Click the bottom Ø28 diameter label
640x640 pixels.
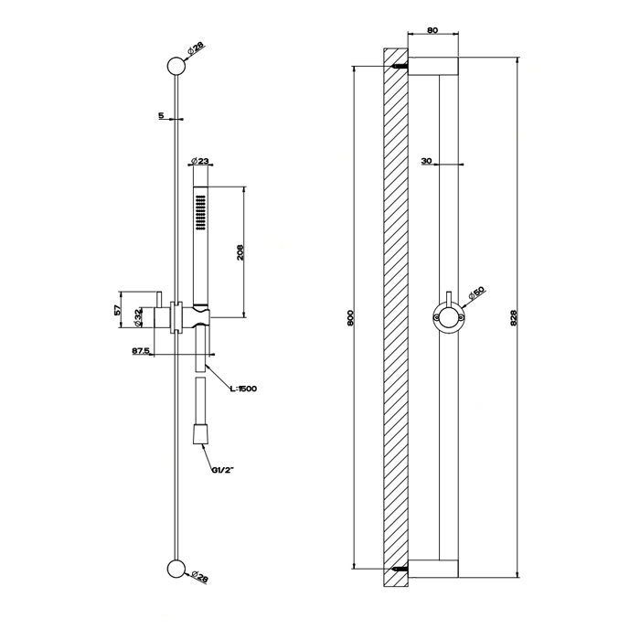pos(200,577)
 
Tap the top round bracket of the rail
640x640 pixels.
pos(176,66)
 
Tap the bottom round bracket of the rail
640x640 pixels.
pos(176,569)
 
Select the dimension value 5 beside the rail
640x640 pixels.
pos(161,115)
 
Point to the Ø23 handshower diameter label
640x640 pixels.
pos(199,161)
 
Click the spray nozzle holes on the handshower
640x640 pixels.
pos(201,213)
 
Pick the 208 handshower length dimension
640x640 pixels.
pos(240,252)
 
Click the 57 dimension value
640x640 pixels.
pos(118,309)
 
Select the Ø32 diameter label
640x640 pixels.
pos(138,317)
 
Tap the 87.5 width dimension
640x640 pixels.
pos(141,350)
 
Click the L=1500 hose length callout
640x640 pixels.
pos(243,389)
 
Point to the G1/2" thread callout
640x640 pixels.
pos(223,470)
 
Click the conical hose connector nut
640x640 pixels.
pos(200,434)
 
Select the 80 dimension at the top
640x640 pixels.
pos(432,30)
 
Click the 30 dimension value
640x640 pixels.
pos(427,161)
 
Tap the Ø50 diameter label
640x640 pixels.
pos(476,293)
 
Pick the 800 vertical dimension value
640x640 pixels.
pos(350,317)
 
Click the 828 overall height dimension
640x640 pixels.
pos(514,317)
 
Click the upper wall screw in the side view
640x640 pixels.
pos(400,66)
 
